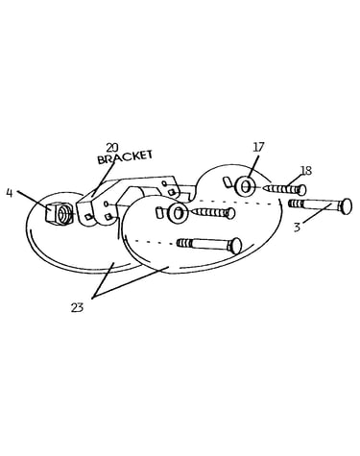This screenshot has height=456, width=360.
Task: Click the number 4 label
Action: point(10,194)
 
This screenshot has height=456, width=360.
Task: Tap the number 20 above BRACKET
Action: point(112,148)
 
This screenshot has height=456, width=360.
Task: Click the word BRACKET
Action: point(125,156)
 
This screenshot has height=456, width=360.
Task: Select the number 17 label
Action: point(258,147)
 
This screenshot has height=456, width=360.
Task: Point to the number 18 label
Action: point(306,171)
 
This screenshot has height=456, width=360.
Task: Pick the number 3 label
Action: point(298,228)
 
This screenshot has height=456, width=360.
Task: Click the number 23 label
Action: point(77,307)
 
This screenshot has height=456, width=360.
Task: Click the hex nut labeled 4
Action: point(60,212)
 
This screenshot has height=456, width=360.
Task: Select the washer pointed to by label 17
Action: point(245,186)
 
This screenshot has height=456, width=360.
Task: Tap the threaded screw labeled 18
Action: point(284,189)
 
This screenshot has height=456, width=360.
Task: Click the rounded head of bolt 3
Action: point(346,206)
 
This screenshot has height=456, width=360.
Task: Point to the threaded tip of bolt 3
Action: point(295,204)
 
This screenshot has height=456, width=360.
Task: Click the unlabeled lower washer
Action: point(177,212)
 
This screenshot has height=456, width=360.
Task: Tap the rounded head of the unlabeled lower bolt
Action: point(235,246)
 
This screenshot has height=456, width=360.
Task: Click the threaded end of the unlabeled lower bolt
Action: point(184,243)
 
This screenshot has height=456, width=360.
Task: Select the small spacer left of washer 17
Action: point(228,181)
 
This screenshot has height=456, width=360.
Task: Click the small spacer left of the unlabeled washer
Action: point(159,213)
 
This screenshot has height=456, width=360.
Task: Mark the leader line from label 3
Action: point(317,213)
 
